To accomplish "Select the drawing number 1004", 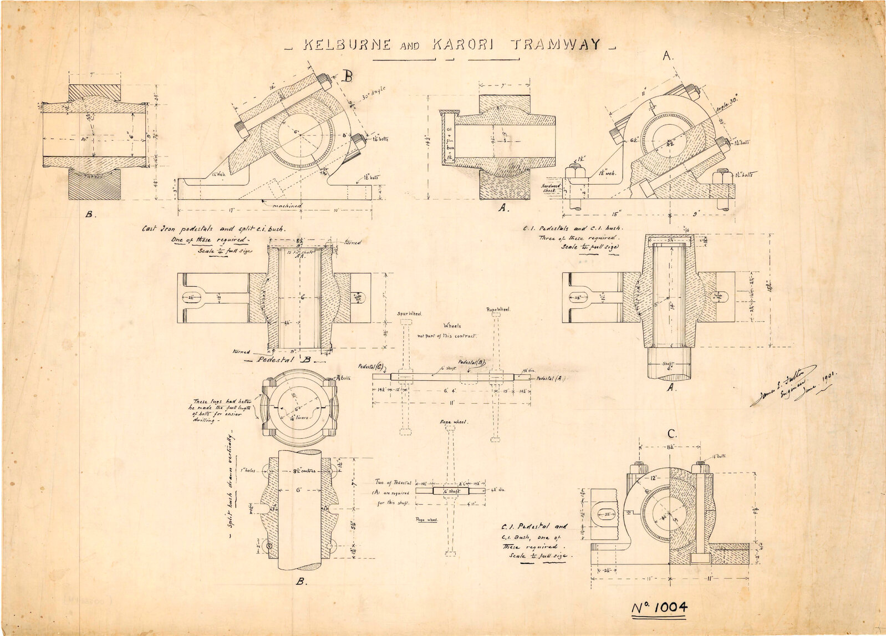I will pyautogui.click(x=660, y=607).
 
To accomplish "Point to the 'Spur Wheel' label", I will pyautogui.click(x=410, y=314).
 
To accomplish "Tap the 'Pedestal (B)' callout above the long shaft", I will pyautogui.click(x=472, y=363).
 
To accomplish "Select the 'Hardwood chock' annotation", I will pyautogui.click(x=552, y=188).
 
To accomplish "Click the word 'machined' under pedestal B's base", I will pyautogui.click(x=286, y=205).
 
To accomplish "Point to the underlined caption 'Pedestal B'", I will pyautogui.click(x=279, y=359).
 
